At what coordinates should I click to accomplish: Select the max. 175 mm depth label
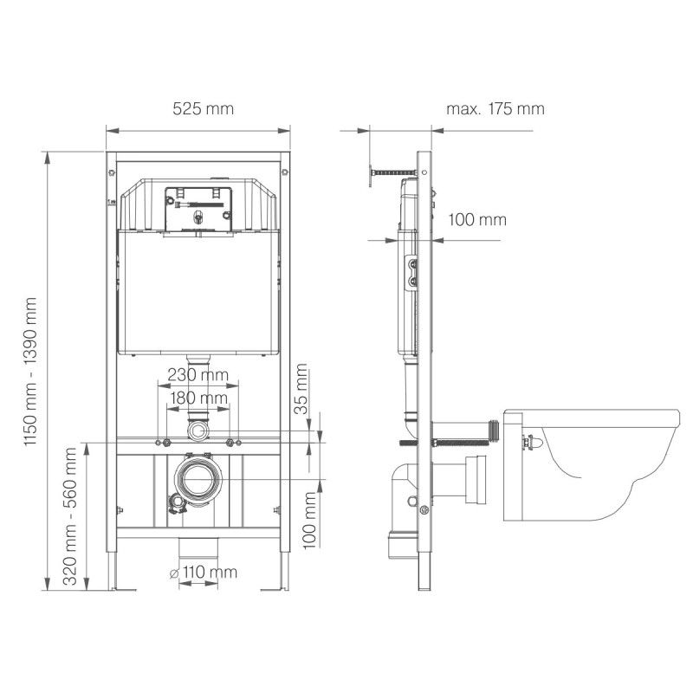[x=495, y=109]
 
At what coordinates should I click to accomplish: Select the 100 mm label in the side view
[x=476, y=219]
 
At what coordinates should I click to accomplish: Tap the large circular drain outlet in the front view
[x=198, y=476]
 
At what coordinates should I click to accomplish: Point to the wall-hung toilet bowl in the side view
[x=589, y=463]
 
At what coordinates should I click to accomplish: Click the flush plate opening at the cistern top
[x=198, y=208]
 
